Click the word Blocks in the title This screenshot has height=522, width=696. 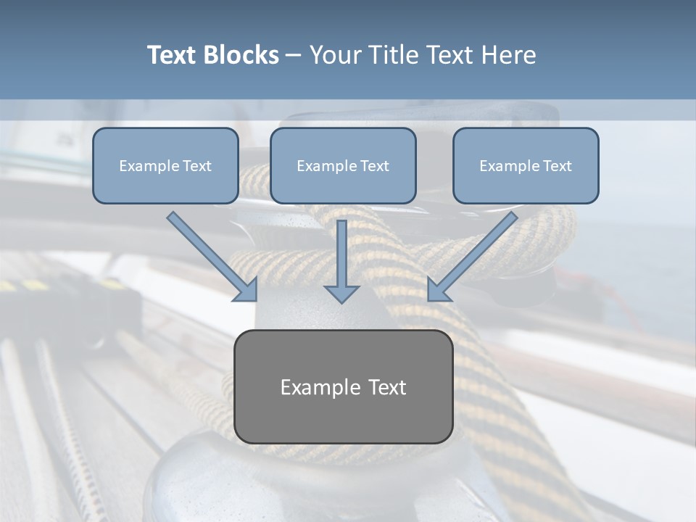(x=241, y=55)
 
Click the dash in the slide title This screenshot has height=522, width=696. (x=294, y=56)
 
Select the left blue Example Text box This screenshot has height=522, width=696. (x=165, y=165)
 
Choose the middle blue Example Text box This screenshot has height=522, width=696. (x=343, y=165)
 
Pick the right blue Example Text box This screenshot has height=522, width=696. (x=526, y=165)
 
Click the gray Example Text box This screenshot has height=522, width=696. (x=343, y=386)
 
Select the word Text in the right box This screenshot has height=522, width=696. (x=556, y=165)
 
